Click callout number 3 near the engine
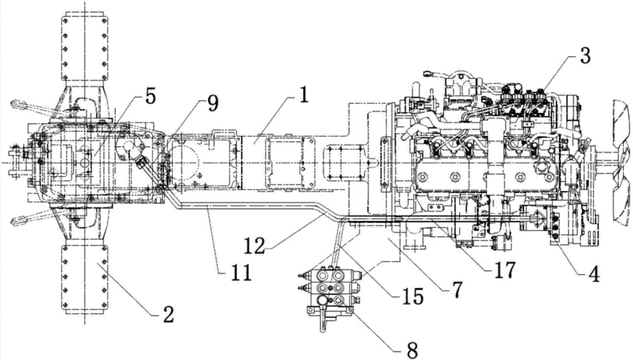coord(585,56)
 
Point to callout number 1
coord(303,95)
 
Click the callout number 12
coord(255,244)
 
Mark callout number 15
coord(413,297)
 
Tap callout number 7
coord(457,289)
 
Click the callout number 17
coord(505,270)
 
